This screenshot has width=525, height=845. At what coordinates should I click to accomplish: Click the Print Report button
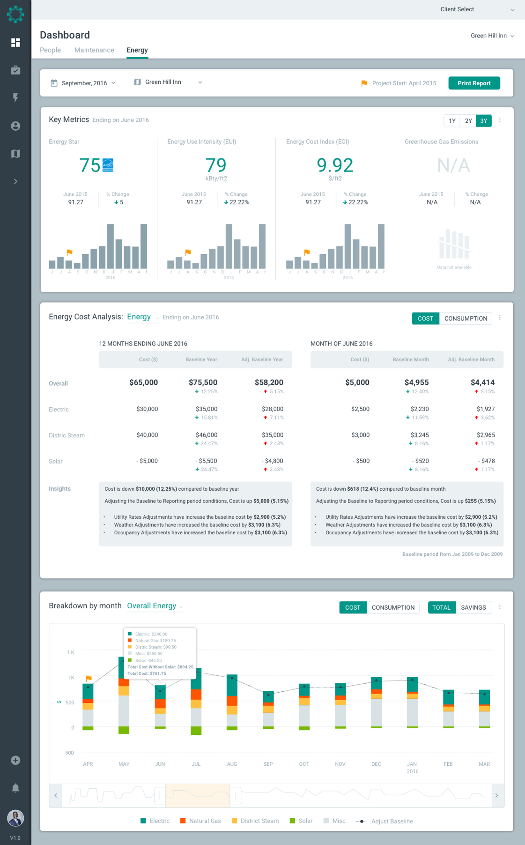tap(474, 83)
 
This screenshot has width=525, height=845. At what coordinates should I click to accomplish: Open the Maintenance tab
tap(94, 50)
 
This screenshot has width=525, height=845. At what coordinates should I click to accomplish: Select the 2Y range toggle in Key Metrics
tap(468, 121)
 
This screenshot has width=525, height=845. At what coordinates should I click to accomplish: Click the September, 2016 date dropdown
tap(84, 83)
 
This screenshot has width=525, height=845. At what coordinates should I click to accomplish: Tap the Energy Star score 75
tap(89, 165)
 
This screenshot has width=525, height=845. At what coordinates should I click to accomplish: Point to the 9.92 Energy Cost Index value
tap(335, 165)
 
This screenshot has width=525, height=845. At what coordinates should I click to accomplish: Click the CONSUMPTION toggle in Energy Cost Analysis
tap(466, 319)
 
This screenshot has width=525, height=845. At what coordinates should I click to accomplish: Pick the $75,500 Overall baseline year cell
tap(203, 382)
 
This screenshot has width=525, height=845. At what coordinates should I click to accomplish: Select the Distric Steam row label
tap(67, 435)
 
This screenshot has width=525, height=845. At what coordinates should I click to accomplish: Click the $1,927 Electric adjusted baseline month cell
tap(486, 409)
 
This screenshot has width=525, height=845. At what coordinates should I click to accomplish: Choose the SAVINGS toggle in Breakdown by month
tap(473, 607)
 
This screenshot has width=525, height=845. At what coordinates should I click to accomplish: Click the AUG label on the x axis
tap(232, 764)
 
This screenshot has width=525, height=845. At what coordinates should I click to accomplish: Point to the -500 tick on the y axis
tap(69, 753)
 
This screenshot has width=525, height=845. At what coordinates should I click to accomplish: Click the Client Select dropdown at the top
tap(476, 9)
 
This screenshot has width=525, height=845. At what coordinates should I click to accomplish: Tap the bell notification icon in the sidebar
tap(15, 788)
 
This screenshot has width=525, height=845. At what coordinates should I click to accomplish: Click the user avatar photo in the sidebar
tap(15, 818)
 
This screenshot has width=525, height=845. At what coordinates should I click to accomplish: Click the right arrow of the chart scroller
tap(496, 795)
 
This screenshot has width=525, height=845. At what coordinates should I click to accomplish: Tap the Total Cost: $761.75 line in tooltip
tap(147, 673)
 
